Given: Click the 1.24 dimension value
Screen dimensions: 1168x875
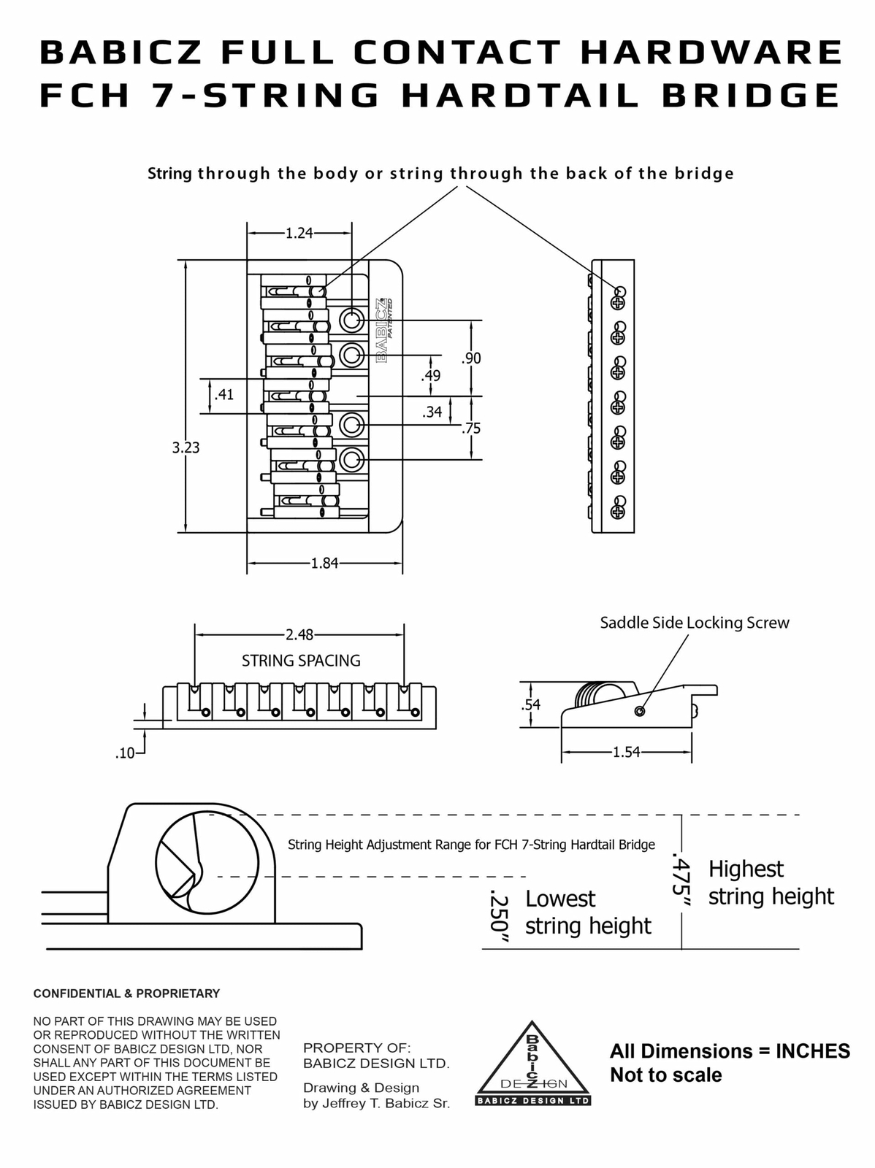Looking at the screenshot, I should pos(299,234).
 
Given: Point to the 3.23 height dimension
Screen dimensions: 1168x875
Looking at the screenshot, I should pos(186,447).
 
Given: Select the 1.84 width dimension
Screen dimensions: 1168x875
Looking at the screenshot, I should pos(324,564).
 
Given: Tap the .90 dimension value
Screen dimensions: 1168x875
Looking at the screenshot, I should pos(471,358).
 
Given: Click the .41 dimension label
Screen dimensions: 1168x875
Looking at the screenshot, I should pos(223,395).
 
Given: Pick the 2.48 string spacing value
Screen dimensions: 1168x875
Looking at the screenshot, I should pos(299,635).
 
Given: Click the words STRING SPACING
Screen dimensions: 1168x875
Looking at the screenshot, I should pos(301,661).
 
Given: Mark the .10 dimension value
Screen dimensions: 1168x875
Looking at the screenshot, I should pos(126,753).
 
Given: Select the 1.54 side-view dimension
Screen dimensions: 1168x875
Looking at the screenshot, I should pos(626,752).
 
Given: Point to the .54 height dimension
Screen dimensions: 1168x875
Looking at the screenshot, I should pos(530,704).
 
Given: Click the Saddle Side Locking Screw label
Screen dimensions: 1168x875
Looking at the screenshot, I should pos(695,623).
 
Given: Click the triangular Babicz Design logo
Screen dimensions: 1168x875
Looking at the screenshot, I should pos(532,1064).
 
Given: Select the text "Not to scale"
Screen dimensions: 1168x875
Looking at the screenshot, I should pos(665,1075).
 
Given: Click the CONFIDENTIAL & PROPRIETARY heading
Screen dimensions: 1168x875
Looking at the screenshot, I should pos(126,994).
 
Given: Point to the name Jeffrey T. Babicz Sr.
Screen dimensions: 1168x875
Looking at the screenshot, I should pos(386,1103).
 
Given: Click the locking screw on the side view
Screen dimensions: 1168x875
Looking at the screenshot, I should pos(640,711).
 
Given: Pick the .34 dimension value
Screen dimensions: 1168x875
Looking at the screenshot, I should pos(432,412).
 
